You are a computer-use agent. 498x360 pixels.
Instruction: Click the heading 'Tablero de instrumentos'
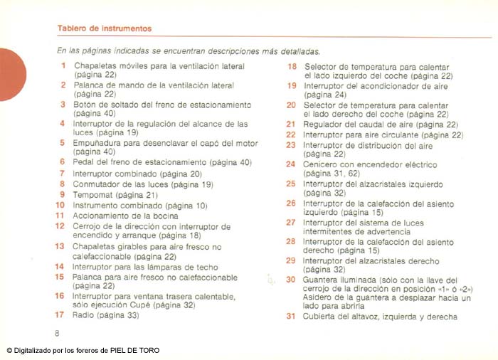coord(104,29)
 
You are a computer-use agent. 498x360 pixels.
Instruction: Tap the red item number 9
coord(63,194)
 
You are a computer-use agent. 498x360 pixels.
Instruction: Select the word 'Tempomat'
coord(93,194)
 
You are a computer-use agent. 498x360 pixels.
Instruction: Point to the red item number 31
coord(290,317)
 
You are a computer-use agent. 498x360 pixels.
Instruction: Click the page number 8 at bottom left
coord(58,333)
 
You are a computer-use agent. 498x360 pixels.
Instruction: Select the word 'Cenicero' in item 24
coord(321,164)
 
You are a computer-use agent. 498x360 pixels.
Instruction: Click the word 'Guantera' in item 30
coord(322,280)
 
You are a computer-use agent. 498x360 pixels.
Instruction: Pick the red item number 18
coord(291,66)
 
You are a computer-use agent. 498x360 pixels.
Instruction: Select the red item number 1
coord(63,66)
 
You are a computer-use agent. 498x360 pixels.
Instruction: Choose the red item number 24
coord(290,164)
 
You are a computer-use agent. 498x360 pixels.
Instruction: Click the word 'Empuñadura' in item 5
coord(98,142)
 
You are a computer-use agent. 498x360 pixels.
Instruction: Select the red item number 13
coord(60,246)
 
